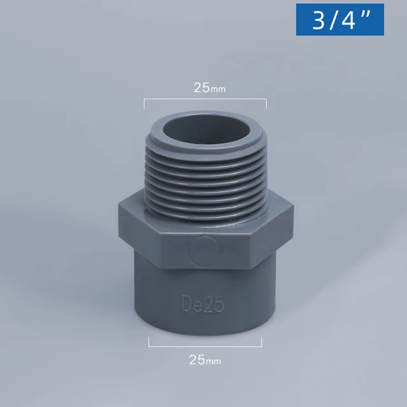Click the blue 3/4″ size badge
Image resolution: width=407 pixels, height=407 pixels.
tap(340, 20)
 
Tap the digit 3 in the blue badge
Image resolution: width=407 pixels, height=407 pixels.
tap(318, 20)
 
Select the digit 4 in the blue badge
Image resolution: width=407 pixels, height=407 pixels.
tap(347, 20)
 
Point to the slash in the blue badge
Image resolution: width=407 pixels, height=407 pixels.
tap(333, 20)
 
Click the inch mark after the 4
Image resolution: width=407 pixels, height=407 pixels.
tap(365, 15)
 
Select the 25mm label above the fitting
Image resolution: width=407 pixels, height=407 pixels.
tap(209, 88)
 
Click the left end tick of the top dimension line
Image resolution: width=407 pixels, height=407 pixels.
tap(144, 104)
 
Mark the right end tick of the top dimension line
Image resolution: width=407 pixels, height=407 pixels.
tap(266, 104)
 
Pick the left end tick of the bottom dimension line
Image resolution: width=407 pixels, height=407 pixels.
tap(149, 342)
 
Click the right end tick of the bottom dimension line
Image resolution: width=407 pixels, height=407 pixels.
tap(261, 342)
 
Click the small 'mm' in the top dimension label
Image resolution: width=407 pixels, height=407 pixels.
tap(218, 90)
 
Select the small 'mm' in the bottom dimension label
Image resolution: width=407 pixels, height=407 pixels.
tap(214, 361)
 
